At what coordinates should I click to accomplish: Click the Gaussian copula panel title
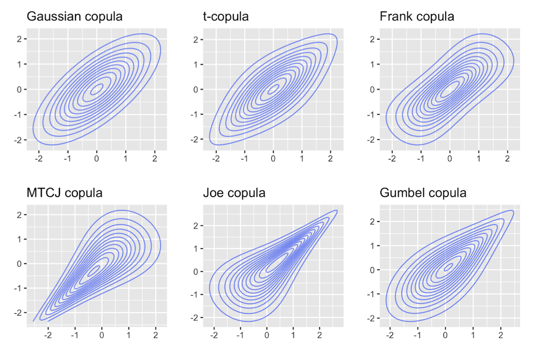[x=74, y=17]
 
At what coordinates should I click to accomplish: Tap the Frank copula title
[x=417, y=17]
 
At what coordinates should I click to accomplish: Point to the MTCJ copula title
[x=64, y=193]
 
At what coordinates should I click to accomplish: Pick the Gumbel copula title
[x=423, y=193]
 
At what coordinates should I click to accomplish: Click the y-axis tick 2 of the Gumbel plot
[x=373, y=221]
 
